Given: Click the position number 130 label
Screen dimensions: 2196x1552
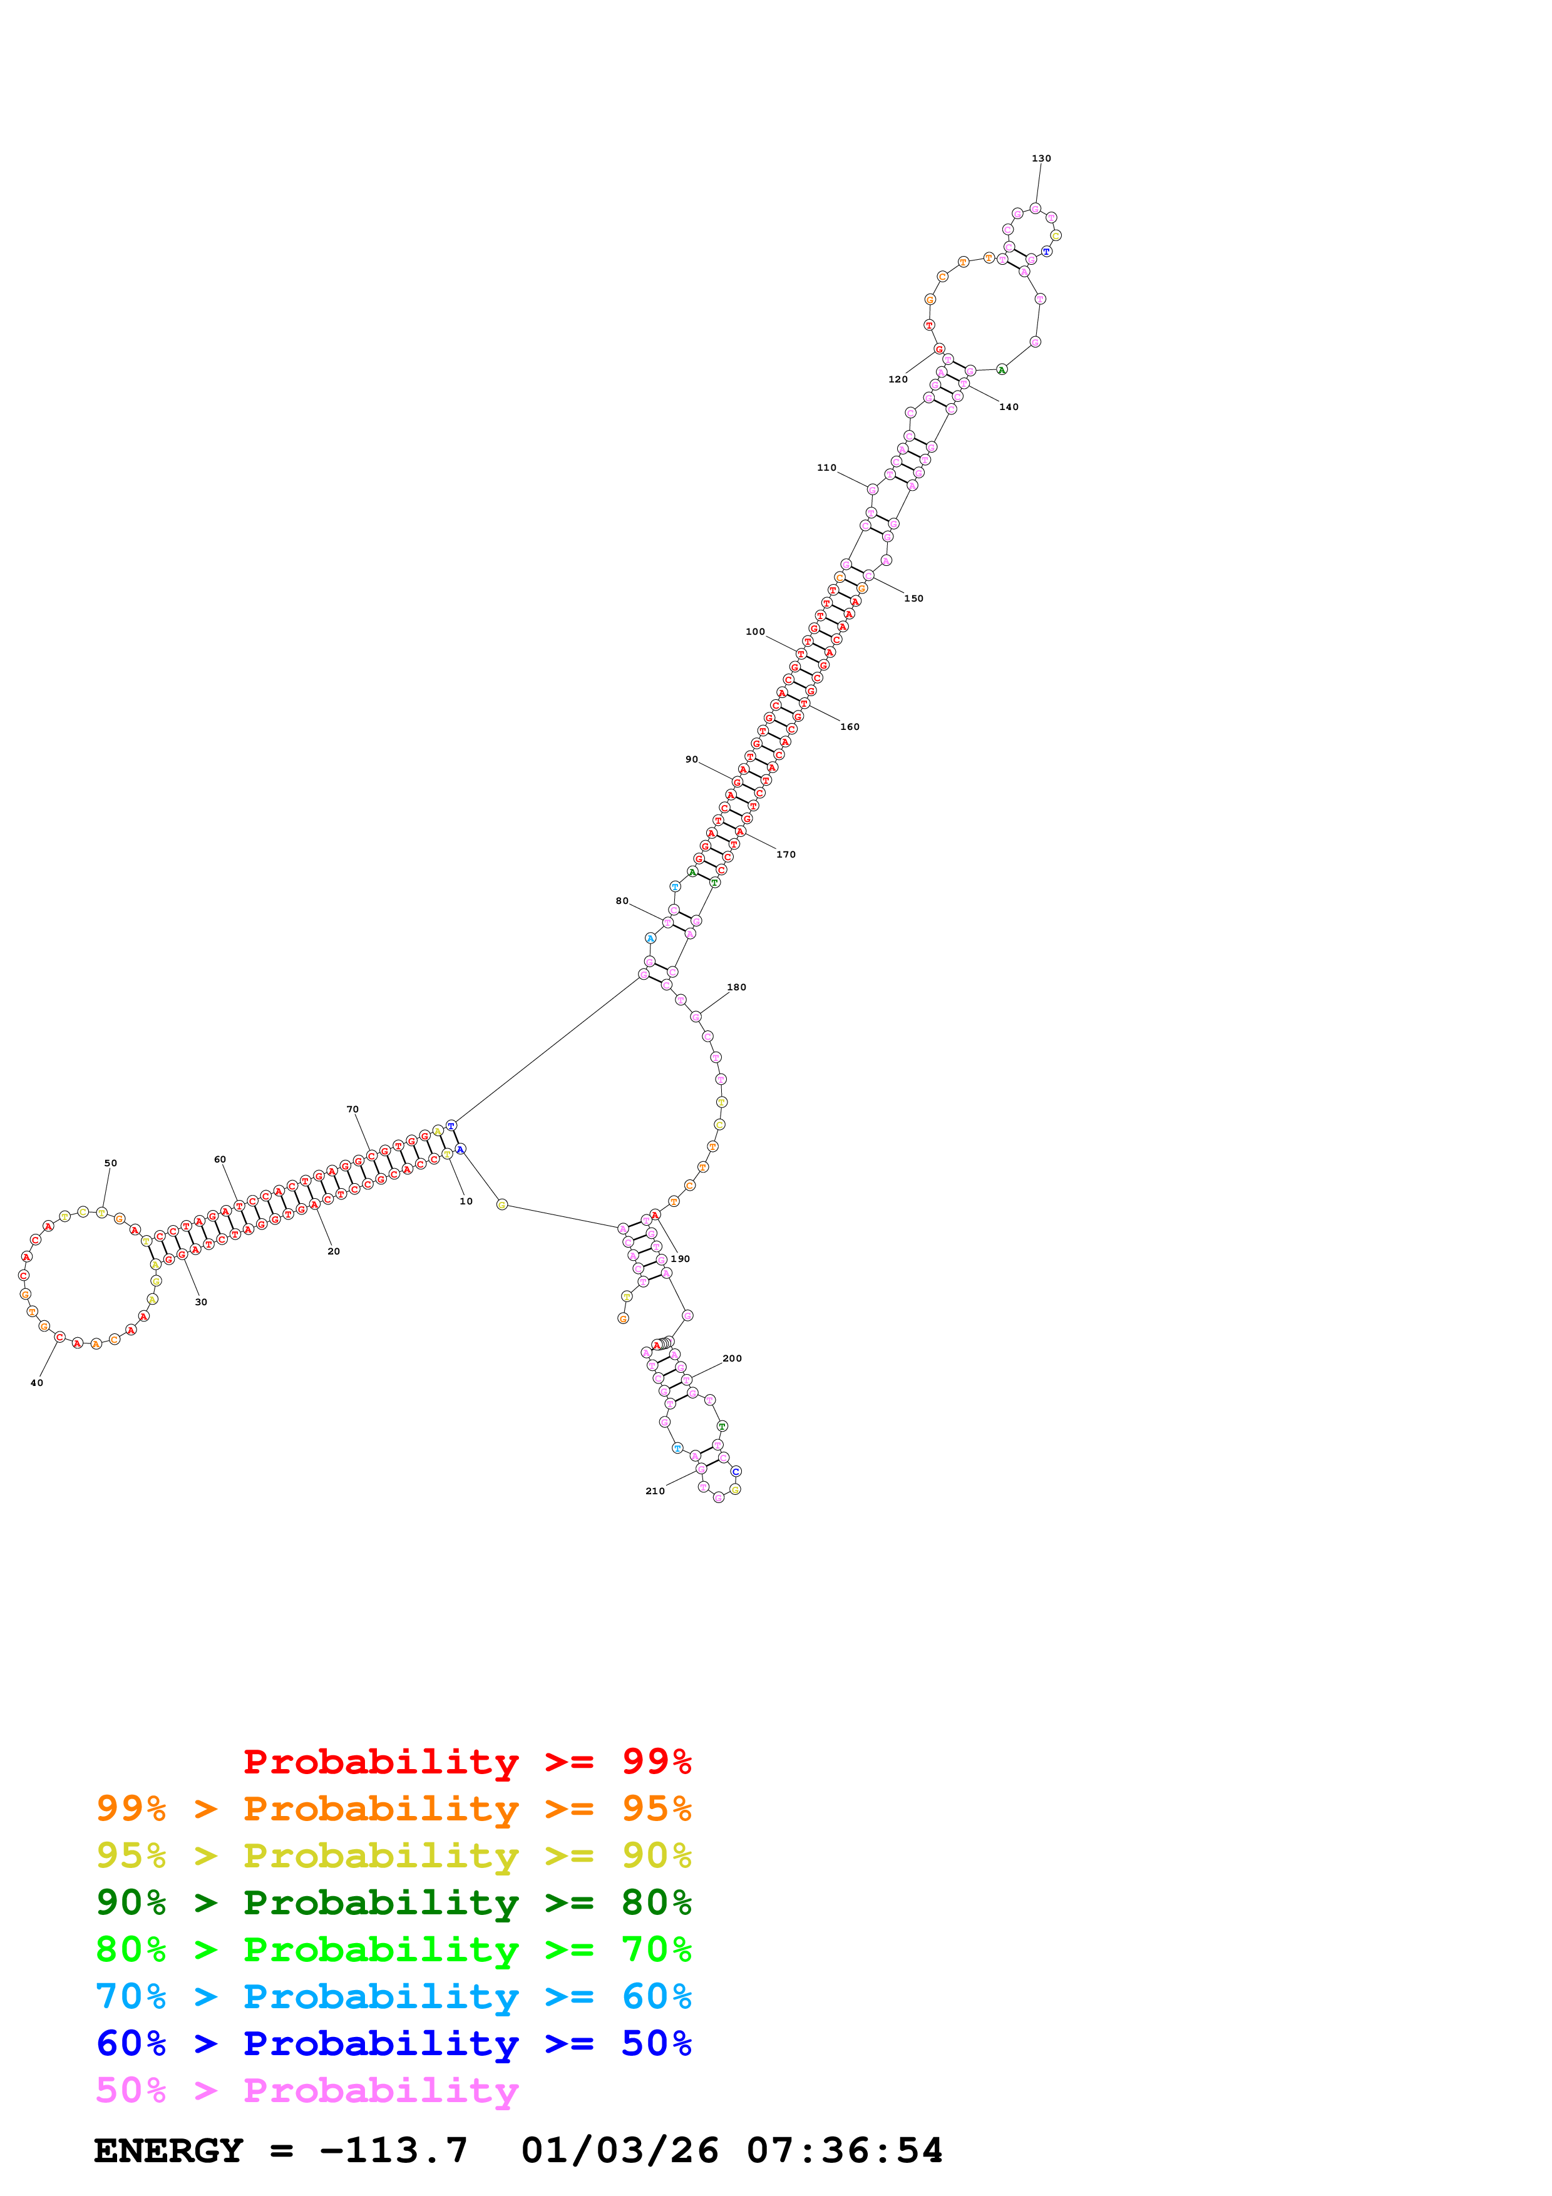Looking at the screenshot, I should (1041, 159).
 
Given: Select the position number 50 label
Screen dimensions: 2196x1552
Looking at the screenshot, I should (110, 1163).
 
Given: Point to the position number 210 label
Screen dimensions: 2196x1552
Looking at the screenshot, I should (654, 1491).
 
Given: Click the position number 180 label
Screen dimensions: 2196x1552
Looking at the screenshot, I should (736, 987).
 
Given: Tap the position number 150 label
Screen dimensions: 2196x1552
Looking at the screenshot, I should (913, 598).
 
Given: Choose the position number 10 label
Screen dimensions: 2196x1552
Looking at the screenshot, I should (466, 1201).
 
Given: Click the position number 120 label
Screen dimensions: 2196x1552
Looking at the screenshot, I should (897, 380).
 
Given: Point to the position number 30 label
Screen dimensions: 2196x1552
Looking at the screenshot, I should (201, 1301).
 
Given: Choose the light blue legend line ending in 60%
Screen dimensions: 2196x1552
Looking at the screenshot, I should (393, 1996).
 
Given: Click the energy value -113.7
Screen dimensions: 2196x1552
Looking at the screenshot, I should (393, 2151).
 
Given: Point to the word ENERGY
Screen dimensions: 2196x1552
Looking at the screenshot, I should (168, 2151).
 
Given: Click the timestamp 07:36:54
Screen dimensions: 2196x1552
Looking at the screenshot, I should (845, 2151).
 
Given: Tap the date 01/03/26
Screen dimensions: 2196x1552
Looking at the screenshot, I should (620, 2151).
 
